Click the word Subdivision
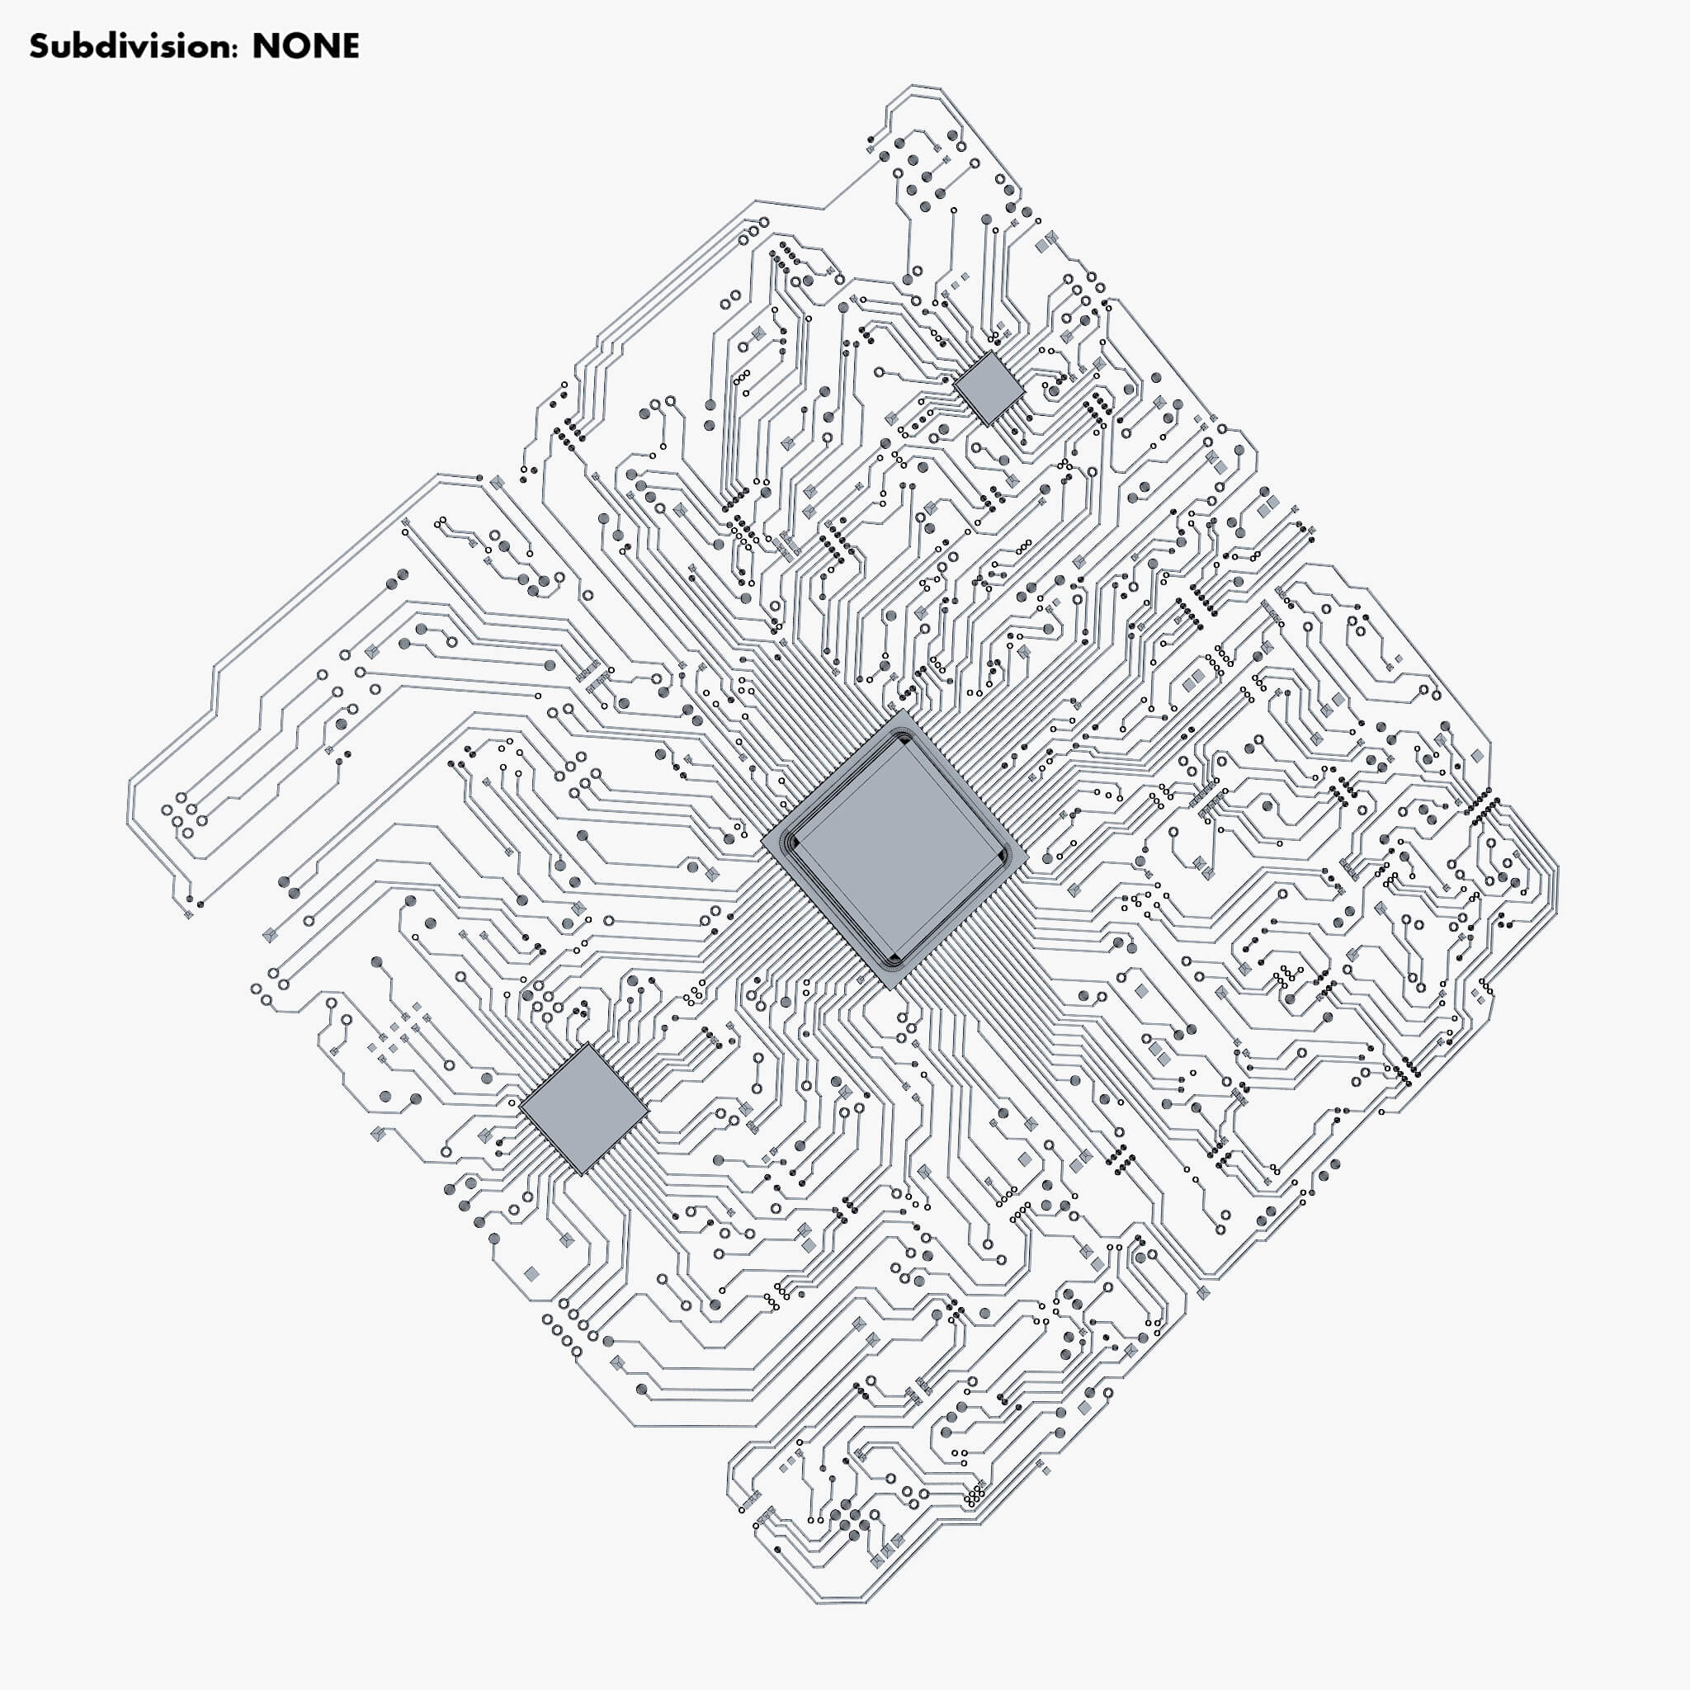click(131, 46)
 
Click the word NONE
click(305, 46)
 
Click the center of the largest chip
click(894, 848)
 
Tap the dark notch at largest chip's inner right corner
click(1005, 856)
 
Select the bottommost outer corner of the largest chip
click(890, 989)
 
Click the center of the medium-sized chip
click(584, 1108)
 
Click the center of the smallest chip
click(989, 389)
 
